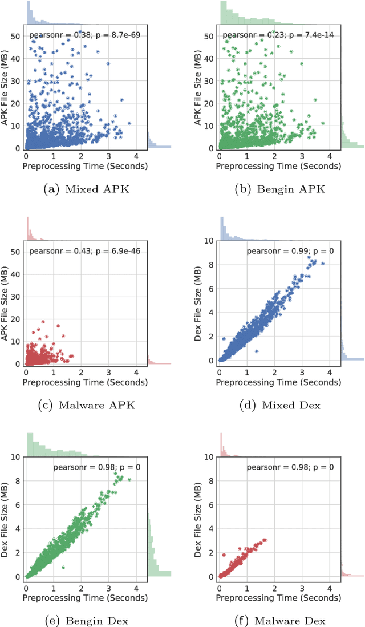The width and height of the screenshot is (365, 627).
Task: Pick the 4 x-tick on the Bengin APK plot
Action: coord(330,156)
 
